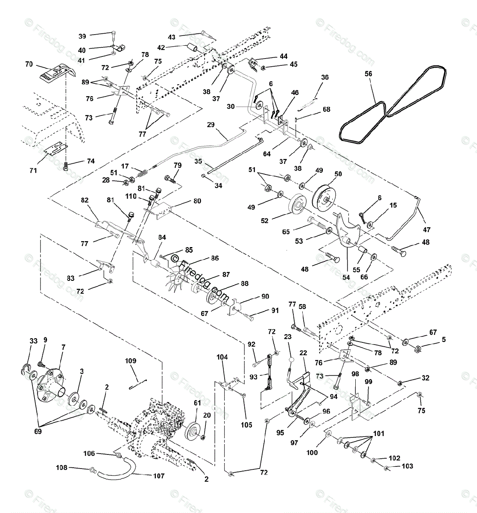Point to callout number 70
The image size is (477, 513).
[29, 65]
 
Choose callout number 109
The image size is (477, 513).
[130, 361]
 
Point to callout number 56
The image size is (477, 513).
[368, 74]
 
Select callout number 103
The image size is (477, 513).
[407, 466]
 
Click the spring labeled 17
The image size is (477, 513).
[143, 174]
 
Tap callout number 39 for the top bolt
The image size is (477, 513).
[82, 36]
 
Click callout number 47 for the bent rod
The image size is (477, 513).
[427, 229]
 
